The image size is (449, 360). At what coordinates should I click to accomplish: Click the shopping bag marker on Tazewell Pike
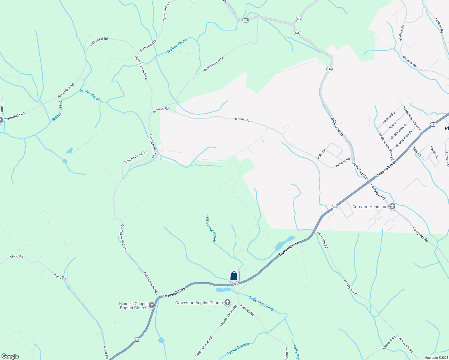[234, 276]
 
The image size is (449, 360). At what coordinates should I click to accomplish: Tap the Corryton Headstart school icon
[392, 207]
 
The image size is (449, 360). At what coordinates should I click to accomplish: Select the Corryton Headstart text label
[370, 207]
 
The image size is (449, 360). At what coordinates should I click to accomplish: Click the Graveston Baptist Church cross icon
[228, 302]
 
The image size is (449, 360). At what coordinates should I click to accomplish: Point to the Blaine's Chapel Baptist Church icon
[152, 306]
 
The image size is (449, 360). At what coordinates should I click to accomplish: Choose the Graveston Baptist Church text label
[199, 303]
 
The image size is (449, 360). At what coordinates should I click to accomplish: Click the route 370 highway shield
[298, 19]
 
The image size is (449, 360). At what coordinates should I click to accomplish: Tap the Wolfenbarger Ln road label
[213, 64]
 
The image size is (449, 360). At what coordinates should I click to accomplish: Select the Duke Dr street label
[321, 154]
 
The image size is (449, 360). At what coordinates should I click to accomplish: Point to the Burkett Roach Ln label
[136, 157]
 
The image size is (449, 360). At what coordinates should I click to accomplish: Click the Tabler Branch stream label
[238, 349]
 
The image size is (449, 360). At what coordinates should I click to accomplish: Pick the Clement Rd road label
[389, 343]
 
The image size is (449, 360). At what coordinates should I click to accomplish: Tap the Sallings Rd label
[438, 23]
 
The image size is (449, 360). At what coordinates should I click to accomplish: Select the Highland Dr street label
[389, 117]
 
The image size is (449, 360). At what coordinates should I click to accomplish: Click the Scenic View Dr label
[404, 138]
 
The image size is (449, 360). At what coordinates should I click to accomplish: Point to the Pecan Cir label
[434, 152]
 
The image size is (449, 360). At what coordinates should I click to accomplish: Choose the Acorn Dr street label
[417, 152]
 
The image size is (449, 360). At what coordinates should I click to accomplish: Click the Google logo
[10, 356]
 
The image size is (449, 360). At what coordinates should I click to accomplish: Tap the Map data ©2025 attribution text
[436, 358]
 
